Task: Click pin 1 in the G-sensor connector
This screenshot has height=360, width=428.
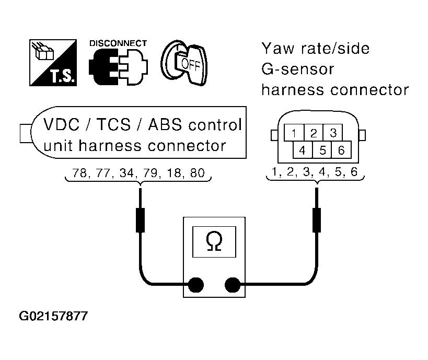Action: click(x=294, y=133)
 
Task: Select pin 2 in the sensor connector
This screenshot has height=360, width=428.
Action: click(x=314, y=133)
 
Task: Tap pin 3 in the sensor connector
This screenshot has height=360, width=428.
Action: click(x=332, y=133)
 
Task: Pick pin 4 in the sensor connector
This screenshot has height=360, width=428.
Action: click(x=302, y=150)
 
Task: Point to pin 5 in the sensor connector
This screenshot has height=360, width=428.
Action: click(x=322, y=150)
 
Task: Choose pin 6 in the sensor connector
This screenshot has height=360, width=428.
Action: click(x=341, y=150)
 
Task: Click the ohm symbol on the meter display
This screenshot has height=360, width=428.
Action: click(x=213, y=241)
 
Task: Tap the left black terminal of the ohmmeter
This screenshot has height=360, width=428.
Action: click(x=195, y=285)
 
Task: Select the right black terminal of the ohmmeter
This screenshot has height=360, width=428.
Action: click(x=232, y=285)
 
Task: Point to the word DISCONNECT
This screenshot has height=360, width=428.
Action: click(x=118, y=43)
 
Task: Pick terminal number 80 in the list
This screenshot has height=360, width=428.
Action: click(x=197, y=173)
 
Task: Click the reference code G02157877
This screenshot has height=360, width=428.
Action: click(x=53, y=316)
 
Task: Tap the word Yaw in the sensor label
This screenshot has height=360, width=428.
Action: click(x=277, y=49)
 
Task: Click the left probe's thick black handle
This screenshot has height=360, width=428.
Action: click(x=140, y=219)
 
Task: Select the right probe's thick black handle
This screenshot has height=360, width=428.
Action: click(x=316, y=219)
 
